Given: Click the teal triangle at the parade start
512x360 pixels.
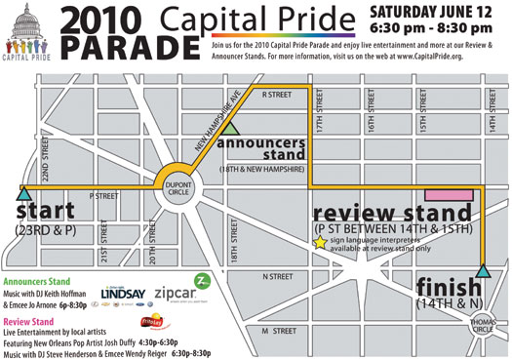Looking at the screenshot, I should pos(22,194).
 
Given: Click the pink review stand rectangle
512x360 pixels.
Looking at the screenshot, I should pos(448,195).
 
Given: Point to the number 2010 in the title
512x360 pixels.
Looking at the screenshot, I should pos(100,20).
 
